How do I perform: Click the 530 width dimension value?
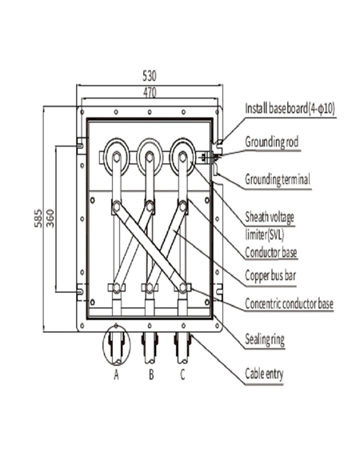click(x=149, y=76)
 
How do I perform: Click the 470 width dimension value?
click(x=149, y=93)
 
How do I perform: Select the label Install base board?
click(x=289, y=107)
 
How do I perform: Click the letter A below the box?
click(x=115, y=375)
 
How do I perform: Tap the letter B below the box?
click(x=150, y=375)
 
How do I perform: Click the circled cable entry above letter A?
click(x=116, y=347)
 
